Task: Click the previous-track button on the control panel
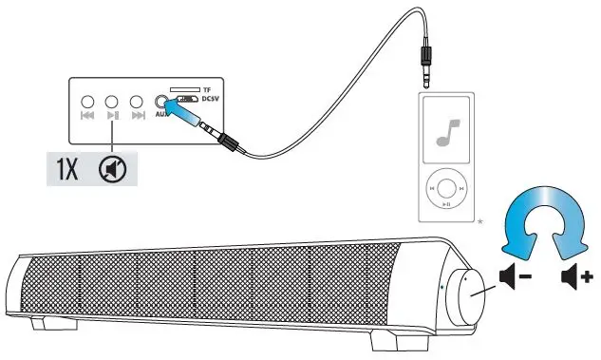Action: (88, 101)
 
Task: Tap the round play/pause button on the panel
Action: (113, 101)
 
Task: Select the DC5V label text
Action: (208, 99)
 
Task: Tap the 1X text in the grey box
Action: (66, 170)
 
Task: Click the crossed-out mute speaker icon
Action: (112, 170)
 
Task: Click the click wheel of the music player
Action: (444, 189)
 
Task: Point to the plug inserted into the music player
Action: (427, 71)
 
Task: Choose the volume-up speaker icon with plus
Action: (575, 277)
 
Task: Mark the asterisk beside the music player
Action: (480, 220)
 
